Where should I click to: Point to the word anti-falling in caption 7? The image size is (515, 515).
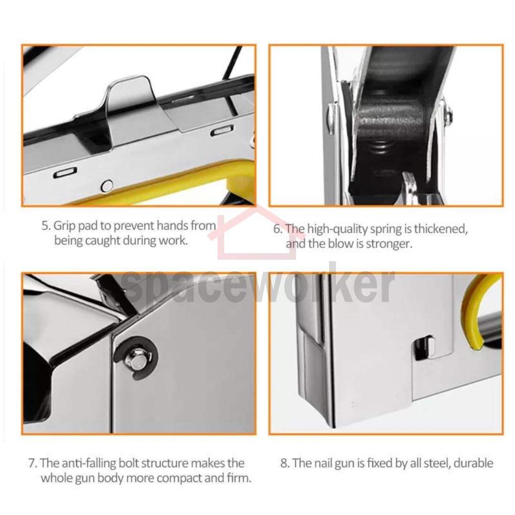[89, 463]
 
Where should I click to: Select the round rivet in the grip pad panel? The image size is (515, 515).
[107, 186]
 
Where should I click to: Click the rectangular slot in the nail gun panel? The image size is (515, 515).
[423, 348]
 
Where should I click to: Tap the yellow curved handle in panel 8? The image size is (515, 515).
[475, 312]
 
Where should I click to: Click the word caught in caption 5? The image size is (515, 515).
[103, 241]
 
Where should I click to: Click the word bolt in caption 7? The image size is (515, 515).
[128, 463]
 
